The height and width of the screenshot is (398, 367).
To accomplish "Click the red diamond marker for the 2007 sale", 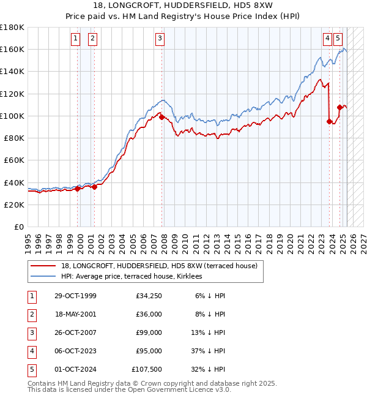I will (161, 117).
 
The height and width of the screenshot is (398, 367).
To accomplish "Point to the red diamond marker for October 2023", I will (329, 121).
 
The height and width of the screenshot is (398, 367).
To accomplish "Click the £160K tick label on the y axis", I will (12, 49).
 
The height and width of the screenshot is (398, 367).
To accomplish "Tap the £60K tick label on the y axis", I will (14, 160).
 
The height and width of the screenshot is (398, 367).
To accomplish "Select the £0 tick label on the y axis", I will (19, 227).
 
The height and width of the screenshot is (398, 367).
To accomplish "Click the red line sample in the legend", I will (43, 266).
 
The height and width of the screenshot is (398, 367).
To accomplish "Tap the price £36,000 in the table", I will (147, 314).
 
